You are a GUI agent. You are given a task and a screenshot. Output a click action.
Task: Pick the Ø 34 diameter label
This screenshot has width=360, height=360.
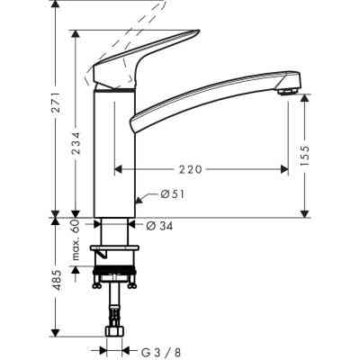pos(159,225)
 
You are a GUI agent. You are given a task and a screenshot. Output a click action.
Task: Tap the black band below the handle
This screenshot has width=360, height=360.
pos(114,91)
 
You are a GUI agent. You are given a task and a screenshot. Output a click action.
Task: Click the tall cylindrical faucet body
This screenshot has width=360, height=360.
pos(114,153)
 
